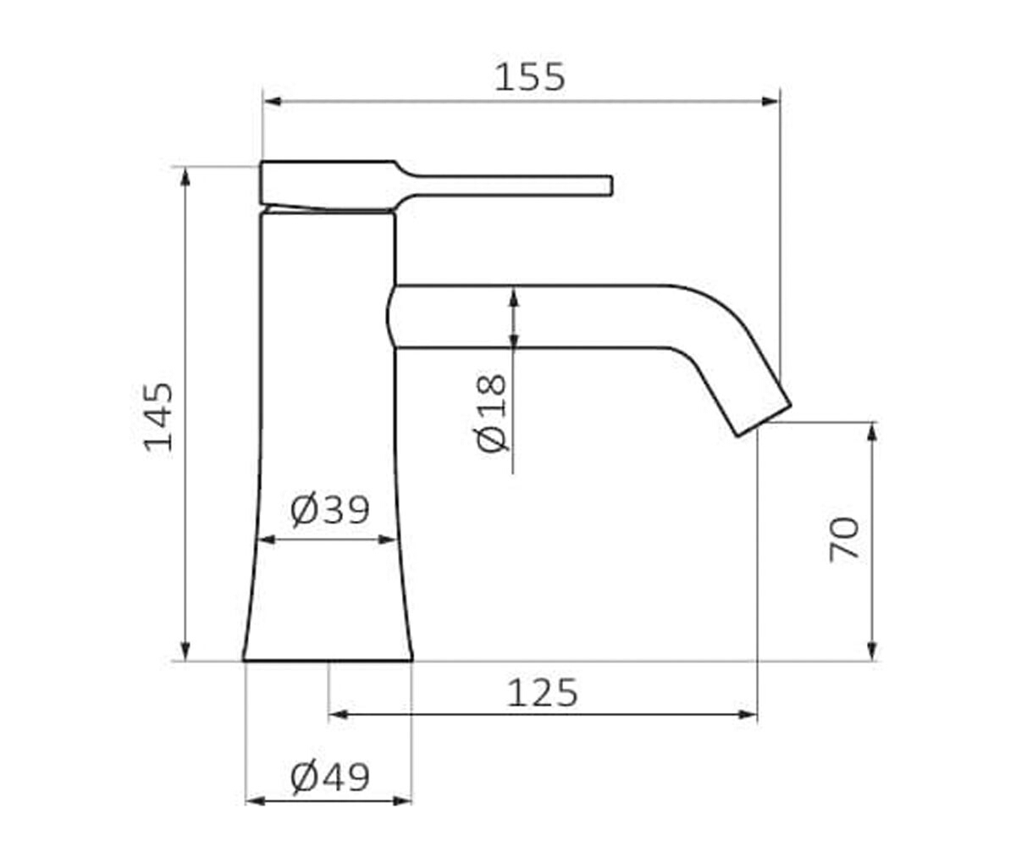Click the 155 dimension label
(x=530, y=78)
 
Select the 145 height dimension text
(x=158, y=418)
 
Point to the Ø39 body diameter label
(x=330, y=511)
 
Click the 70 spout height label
(x=844, y=540)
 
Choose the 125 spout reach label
(x=543, y=693)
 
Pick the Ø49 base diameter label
(x=330, y=778)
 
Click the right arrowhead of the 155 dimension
(x=770, y=102)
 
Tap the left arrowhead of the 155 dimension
(x=273, y=102)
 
